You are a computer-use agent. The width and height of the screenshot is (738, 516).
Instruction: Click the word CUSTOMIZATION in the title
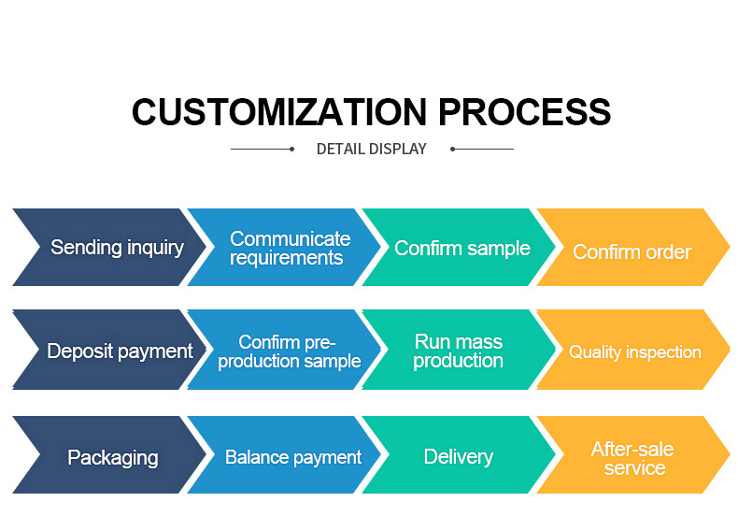280,111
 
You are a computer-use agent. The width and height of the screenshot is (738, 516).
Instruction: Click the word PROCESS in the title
525,111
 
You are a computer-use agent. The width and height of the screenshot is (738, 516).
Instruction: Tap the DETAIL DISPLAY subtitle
371,149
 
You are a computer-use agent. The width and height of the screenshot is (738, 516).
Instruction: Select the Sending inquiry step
116,248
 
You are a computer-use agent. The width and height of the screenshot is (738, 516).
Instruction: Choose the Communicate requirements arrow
290,248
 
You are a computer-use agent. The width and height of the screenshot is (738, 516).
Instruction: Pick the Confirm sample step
461,248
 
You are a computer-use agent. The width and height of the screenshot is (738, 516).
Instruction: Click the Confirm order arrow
632,251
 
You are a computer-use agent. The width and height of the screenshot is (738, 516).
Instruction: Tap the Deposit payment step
120,351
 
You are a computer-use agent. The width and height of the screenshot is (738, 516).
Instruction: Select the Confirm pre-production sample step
289,351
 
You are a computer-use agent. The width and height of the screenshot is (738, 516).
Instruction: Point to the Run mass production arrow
458,351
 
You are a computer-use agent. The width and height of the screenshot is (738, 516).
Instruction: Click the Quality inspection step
634,352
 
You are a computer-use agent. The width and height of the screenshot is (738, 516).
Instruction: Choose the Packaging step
112,458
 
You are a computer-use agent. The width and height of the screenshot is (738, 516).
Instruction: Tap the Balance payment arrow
292,458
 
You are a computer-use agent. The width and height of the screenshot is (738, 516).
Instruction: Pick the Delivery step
458,457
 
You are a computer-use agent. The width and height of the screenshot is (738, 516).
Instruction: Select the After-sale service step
633,458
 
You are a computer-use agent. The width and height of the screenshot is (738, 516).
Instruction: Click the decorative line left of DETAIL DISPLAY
263,149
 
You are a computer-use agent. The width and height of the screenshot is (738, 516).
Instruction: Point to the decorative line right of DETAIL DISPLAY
482,149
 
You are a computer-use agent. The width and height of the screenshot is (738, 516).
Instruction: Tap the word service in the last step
634,468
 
